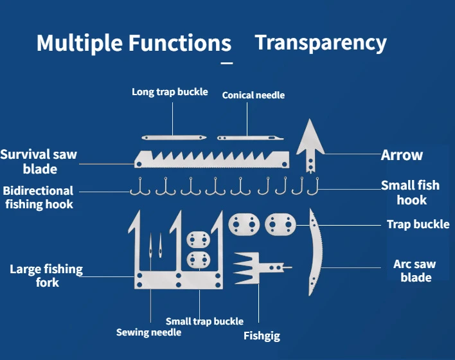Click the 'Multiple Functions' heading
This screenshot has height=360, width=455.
[x=134, y=43]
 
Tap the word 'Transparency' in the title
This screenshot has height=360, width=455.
[x=321, y=42]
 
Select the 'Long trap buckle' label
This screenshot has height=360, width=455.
[x=170, y=92]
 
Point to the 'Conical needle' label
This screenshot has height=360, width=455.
[x=253, y=95]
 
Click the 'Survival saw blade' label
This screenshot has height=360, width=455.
[x=39, y=161]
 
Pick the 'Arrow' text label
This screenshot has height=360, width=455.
[x=402, y=155]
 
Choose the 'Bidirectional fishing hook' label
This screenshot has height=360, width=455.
[x=38, y=197]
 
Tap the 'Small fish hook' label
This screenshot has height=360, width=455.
[x=410, y=192]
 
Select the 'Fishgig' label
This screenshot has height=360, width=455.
[x=262, y=336]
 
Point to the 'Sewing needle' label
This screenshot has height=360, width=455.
[x=148, y=332]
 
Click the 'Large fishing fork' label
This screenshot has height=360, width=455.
[x=46, y=276]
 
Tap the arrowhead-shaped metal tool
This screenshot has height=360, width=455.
[x=310, y=143]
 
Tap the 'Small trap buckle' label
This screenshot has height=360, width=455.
[x=204, y=321]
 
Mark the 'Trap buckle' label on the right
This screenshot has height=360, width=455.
[x=418, y=224]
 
